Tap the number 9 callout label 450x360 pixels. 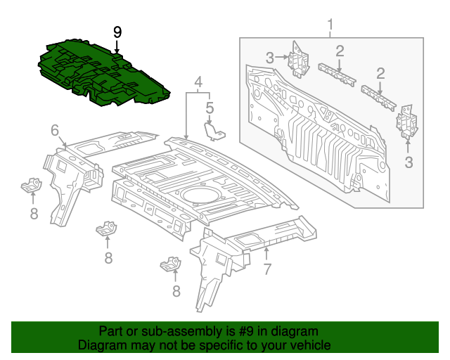[x=117, y=32]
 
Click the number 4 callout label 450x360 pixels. [x=199, y=82]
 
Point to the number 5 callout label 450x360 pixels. [x=210, y=108]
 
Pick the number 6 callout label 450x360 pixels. [x=54, y=130]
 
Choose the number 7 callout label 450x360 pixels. [x=266, y=268]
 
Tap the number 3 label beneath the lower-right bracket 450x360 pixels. [x=409, y=163]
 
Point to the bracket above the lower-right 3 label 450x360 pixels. [x=406, y=122]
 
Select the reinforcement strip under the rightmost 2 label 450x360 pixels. [x=378, y=96]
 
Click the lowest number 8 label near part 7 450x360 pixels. [x=175, y=290]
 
